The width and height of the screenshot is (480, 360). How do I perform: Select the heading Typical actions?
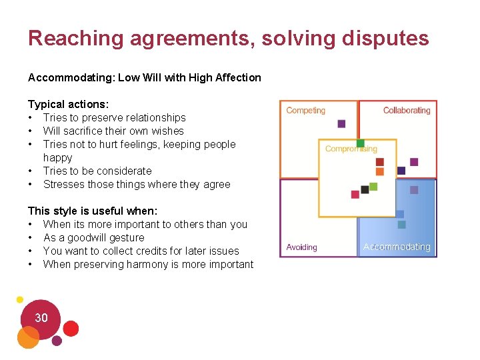[69, 104]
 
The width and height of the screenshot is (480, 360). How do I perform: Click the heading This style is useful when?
[93, 211]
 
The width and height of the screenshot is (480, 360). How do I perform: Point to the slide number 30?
[41, 318]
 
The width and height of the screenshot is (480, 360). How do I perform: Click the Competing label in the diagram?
[305, 111]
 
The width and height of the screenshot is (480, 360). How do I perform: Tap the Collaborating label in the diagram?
[407, 111]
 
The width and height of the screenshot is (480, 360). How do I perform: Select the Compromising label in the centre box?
[351, 149]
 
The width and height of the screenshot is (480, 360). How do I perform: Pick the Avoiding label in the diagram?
[301, 247]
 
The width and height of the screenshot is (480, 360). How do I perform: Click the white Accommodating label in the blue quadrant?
[397, 247]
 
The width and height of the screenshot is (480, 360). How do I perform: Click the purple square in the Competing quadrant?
[341, 123]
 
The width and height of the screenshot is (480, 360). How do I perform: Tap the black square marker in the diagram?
[365, 189]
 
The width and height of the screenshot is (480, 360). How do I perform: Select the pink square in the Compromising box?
[355, 195]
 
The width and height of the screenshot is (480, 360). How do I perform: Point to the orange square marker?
[380, 171]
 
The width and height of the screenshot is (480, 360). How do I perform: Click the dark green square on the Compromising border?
[361, 143]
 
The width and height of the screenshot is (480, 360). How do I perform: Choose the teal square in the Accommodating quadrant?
[401, 225]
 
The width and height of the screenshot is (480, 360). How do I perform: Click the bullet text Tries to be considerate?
[97, 171]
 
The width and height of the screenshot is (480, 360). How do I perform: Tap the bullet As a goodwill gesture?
[93, 237]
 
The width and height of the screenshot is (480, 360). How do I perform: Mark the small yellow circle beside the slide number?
[20, 299]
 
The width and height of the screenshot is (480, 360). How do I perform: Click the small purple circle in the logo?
[57, 341]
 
